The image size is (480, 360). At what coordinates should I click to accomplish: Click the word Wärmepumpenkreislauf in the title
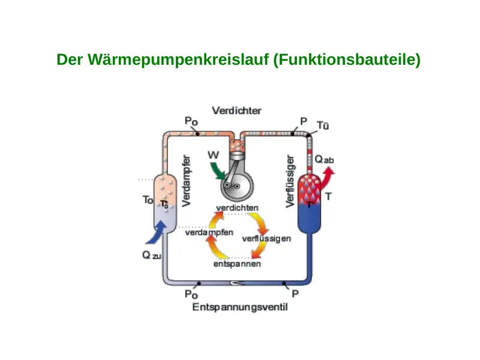[x=178, y=59]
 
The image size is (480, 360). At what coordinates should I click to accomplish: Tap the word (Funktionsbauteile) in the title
[x=347, y=59]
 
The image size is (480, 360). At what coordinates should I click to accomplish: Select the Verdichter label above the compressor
[x=236, y=110]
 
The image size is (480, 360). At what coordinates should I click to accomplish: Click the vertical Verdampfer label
[x=186, y=181]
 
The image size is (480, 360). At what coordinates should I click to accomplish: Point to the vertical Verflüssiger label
[x=290, y=181]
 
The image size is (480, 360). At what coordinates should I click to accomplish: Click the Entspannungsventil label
[x=240, y=307]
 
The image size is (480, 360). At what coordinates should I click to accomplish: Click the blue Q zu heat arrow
[x=157, y=233]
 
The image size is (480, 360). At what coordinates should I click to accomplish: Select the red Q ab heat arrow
[x=326, y=178]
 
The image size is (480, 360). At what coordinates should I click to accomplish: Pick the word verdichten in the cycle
[x=237, y=208]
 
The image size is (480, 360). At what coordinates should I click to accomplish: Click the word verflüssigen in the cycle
[x=266, y=239]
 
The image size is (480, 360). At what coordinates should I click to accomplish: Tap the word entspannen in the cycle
[x=237, y=264]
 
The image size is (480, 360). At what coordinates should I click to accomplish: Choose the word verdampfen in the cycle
[x=209, y=233]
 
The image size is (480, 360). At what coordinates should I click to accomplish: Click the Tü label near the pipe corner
[x=323, y=125]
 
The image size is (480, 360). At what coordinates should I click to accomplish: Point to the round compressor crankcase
[x=237, y=185]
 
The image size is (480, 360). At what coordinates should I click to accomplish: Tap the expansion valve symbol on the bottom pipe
[x=237, y=283]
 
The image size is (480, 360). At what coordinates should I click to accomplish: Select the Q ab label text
[x=324, y=160]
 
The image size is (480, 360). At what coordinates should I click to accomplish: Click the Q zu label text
[x=152, y=255]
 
